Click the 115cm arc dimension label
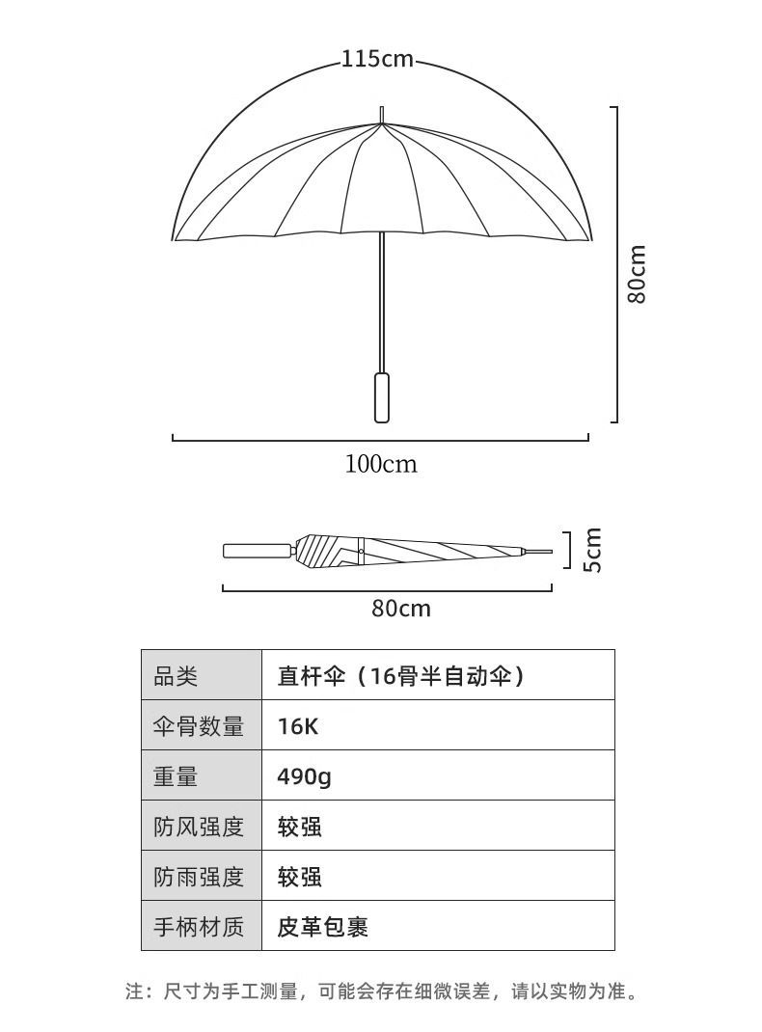point(377,60)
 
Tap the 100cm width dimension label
point(381,464)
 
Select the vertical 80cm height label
point(637,274)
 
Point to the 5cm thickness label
point(592,550)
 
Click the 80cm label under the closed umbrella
point(400,609)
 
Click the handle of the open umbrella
point(382,395)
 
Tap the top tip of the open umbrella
point(382,113)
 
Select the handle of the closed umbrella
point(258,552)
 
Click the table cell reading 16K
point(298,725)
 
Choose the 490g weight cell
point(304,775)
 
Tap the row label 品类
point(176,675)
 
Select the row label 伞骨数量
point(199,725)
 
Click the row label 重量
point(176,775)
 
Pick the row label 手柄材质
point(199,926)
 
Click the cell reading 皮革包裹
point(323,926)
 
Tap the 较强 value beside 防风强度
point(300,826)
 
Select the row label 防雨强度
point(199,876)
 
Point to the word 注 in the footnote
point(134,991)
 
